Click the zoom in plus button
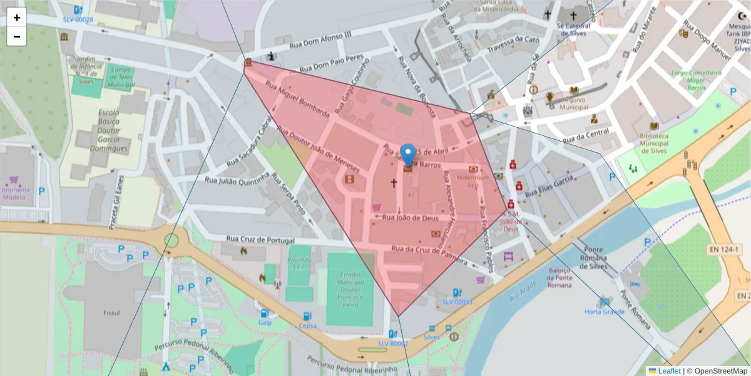tap(17, 18)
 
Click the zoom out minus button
tap(17, 36)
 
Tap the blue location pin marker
tap(408, 155)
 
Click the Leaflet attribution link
tap(669, 371)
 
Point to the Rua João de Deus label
tap(410, 218)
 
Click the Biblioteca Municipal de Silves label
tap(654, 142)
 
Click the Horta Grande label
tap(604, 311)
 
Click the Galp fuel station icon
tap(265, 313)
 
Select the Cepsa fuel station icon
tap(307, 316)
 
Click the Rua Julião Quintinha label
tap(237, 179)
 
